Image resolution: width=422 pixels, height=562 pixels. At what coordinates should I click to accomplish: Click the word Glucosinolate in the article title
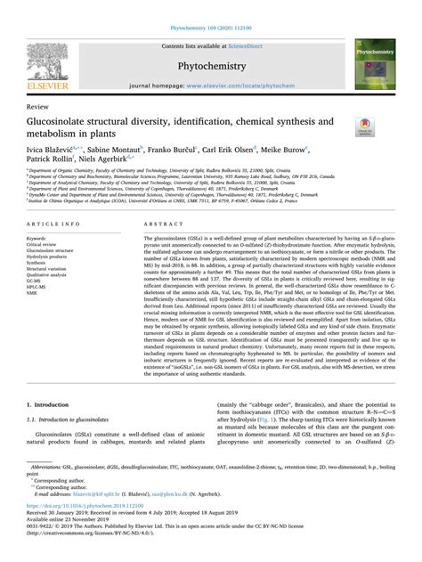coord(64,120)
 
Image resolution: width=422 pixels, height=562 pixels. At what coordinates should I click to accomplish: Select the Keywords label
coord(39,239)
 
